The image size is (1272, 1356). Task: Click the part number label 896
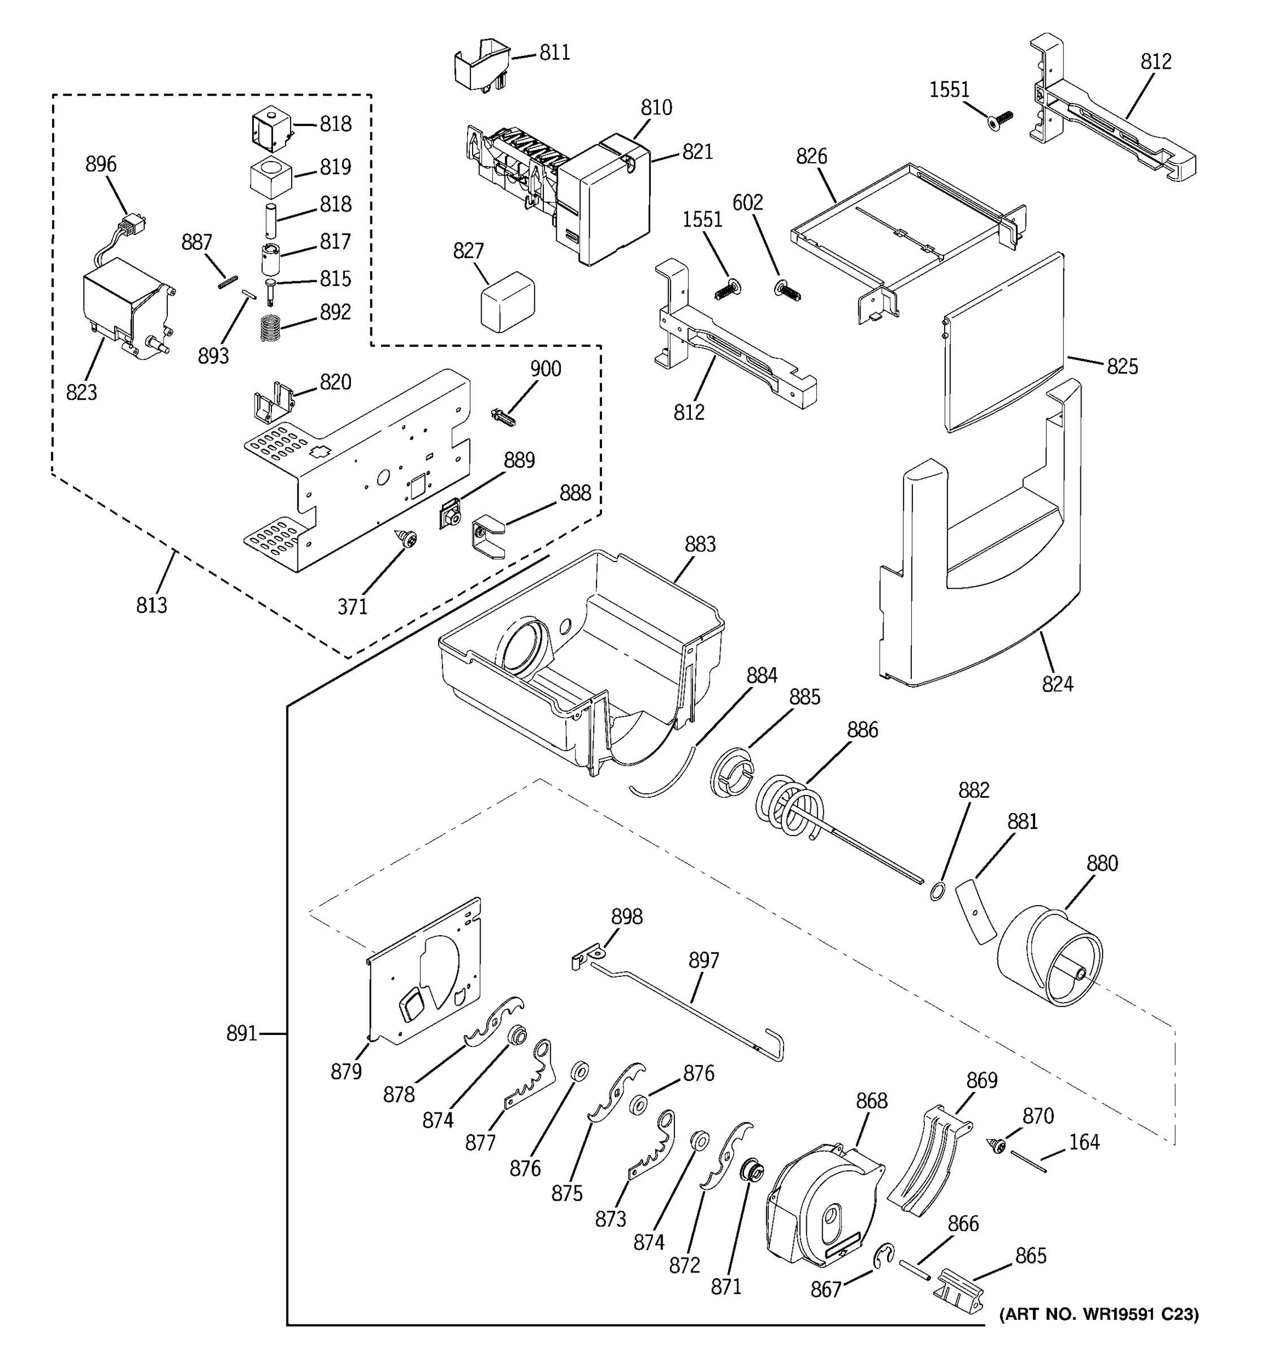click(x=101, y=164)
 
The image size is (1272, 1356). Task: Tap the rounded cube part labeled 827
click(x=507, y=301)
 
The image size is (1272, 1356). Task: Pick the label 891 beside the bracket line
click(x=241, y=1034)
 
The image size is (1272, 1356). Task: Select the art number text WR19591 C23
click(x=1098, y=1314)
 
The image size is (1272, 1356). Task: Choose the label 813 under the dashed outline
click(x=152, y=605)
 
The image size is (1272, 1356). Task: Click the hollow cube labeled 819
click(x=271, y=178)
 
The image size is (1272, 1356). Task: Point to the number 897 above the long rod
click(x=704, y=960)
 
